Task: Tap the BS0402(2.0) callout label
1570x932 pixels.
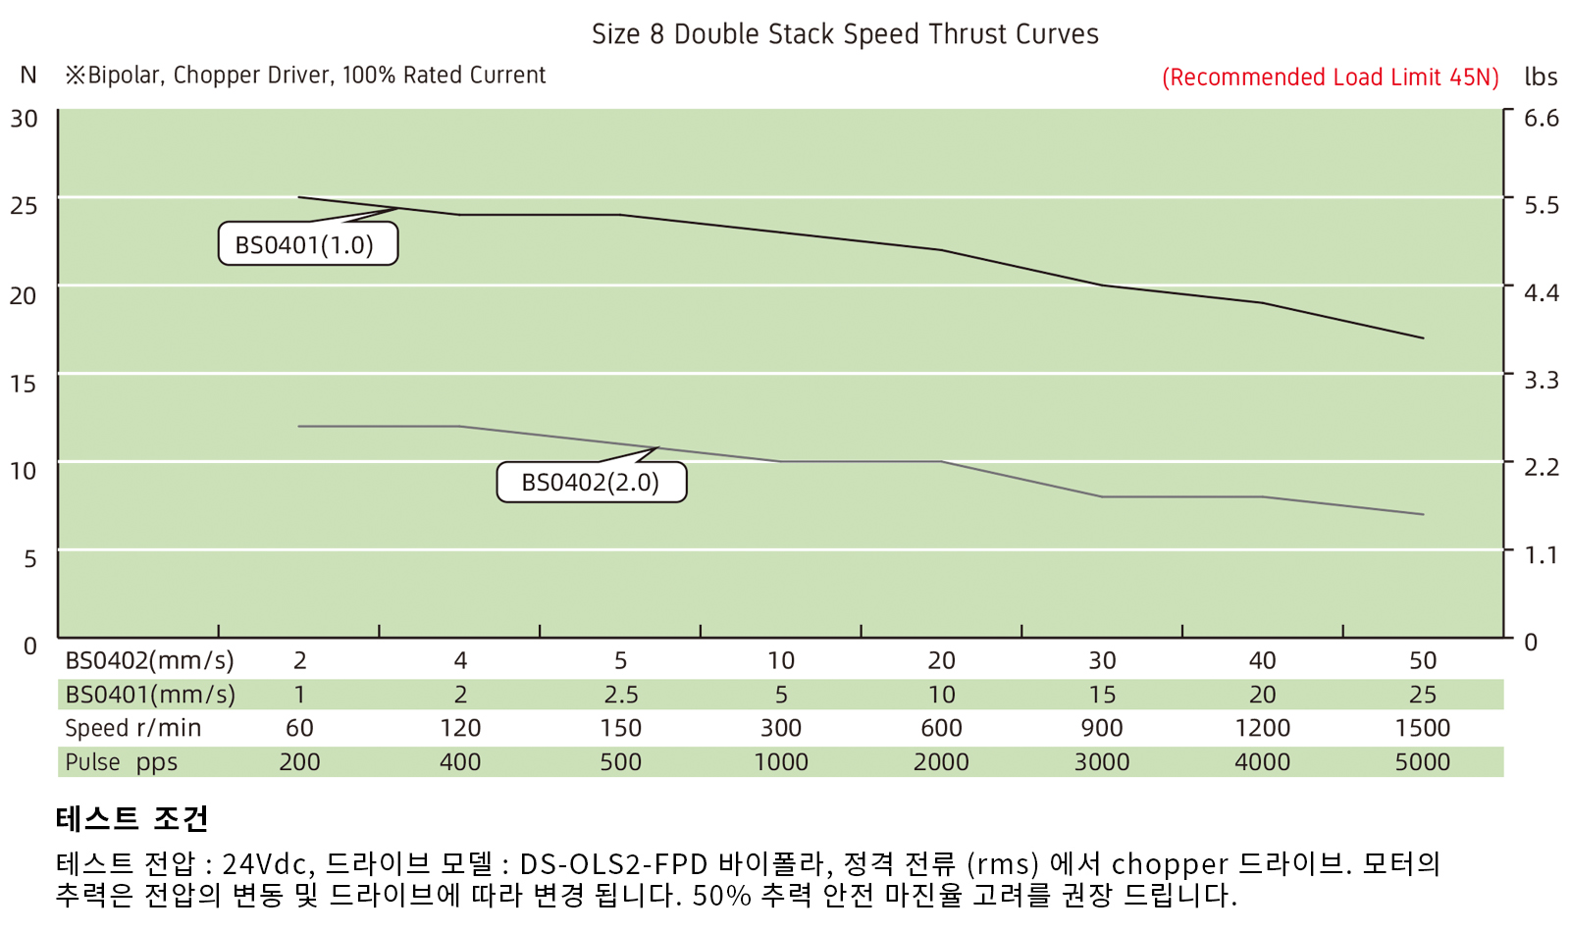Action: (x=591, y=482)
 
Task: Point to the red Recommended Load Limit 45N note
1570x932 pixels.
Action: (x=1330, y=78)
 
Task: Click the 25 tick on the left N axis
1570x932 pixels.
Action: (x=24, y=206)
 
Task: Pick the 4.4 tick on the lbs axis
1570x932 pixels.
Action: (x=1541, y=292)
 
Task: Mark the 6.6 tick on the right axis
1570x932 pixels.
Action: (x=1541, y=118)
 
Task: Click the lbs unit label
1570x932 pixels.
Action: (x=1541, y=77)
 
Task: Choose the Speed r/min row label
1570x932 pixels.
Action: (x=132, y=728)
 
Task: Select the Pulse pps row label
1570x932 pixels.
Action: (x=121, y=762)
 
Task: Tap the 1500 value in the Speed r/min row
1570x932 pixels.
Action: (x=1422, y=728)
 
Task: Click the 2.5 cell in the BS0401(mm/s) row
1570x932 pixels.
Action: (x=620, y=695)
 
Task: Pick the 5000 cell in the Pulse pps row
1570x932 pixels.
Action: (x=1422, y=762)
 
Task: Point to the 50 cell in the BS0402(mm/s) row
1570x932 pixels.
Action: (x=1422, y=660)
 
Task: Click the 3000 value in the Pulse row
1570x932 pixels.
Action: (x=1101, y=762)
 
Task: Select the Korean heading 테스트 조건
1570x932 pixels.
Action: (x=131, y=818)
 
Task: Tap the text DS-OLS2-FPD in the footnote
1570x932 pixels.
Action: (x=613, y=864)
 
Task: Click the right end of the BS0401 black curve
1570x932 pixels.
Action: (x=1423, y=338)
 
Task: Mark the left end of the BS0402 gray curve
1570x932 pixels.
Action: (x=298, y=426)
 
